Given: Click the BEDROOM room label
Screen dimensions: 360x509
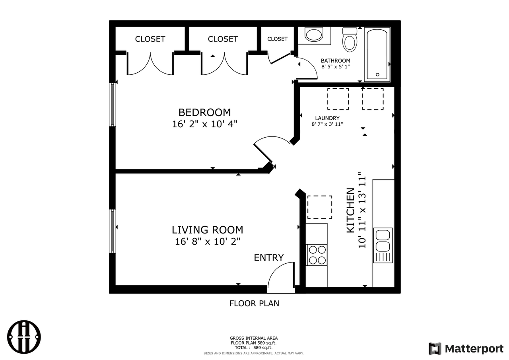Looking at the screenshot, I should (204, 112).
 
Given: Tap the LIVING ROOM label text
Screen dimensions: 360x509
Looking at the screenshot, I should (207, 230).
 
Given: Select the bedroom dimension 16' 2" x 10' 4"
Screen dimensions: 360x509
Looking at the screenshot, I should (204, 124).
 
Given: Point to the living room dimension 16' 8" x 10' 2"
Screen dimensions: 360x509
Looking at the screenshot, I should (207, 241).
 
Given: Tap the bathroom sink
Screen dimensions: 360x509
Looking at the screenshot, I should (314, 35).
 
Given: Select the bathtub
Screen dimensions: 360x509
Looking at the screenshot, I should (377, 54).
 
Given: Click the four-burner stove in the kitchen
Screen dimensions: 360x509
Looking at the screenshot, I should (317, 255).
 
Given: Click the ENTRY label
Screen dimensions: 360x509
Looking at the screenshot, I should (269, 258).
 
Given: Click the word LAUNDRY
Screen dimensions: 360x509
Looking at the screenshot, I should (327, 118).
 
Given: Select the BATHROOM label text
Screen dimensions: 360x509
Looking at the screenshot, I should (336, 61).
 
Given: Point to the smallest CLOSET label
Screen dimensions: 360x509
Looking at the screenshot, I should (277, 39).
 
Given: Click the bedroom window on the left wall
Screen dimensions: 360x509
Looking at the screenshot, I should (113, 105).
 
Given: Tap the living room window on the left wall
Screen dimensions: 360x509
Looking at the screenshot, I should (113, 231).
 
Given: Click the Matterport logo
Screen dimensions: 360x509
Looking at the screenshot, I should (466, 349).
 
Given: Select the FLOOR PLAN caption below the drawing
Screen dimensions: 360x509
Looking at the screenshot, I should (254, 304).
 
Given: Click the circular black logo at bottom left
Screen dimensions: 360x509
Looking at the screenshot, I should (25, 337).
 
